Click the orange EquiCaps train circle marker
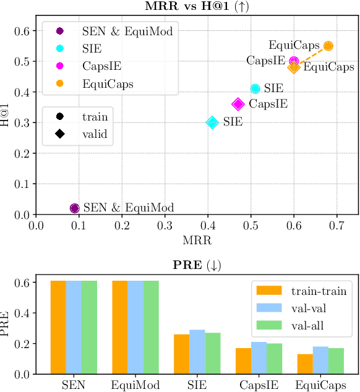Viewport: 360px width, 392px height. point(328,46)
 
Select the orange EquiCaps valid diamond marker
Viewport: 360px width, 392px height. point(294,67)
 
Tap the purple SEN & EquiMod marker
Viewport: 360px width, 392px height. point(75,208)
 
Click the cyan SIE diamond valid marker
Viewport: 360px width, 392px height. point(212,122)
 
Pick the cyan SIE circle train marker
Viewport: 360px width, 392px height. point(255,89)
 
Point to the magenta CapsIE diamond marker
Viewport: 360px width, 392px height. point(238,104)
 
